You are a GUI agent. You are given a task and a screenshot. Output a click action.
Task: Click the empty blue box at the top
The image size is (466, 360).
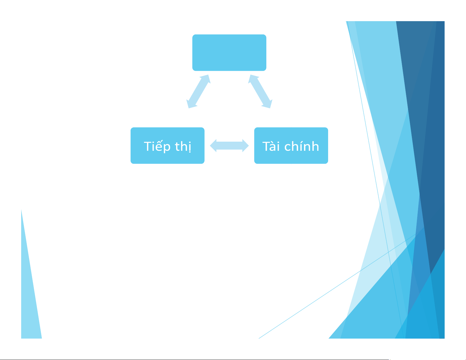(229, 53)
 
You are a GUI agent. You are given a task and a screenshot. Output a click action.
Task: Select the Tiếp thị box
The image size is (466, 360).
(168, 145)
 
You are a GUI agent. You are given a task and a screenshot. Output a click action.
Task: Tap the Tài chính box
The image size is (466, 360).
(291, 145)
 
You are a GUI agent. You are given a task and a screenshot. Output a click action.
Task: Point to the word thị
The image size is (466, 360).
(183, 147)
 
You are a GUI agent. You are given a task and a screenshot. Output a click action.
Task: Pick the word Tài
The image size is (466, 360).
(271, 146)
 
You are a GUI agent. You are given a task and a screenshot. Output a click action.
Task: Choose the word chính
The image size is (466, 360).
(302, 146)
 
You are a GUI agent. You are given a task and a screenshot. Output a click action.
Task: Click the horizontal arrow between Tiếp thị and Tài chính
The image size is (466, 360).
(229, 146)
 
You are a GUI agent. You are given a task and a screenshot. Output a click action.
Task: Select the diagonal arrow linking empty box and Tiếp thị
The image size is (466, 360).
(198, 91)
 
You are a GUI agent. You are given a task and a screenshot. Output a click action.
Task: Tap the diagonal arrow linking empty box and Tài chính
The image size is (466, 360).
(260, 91)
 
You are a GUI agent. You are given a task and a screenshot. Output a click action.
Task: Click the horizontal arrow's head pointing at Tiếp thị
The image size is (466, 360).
(213, 146)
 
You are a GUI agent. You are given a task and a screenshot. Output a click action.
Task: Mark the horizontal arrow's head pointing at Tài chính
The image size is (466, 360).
(245, 146)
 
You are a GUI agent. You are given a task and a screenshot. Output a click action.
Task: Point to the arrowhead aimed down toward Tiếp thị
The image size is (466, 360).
(191, 104)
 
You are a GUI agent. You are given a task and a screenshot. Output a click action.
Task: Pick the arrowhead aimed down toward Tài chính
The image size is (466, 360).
(268, 104)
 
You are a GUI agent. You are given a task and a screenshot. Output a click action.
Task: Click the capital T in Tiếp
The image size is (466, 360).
(148, 146)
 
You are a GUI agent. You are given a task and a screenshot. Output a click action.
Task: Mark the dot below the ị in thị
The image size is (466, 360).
(190, 152)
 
